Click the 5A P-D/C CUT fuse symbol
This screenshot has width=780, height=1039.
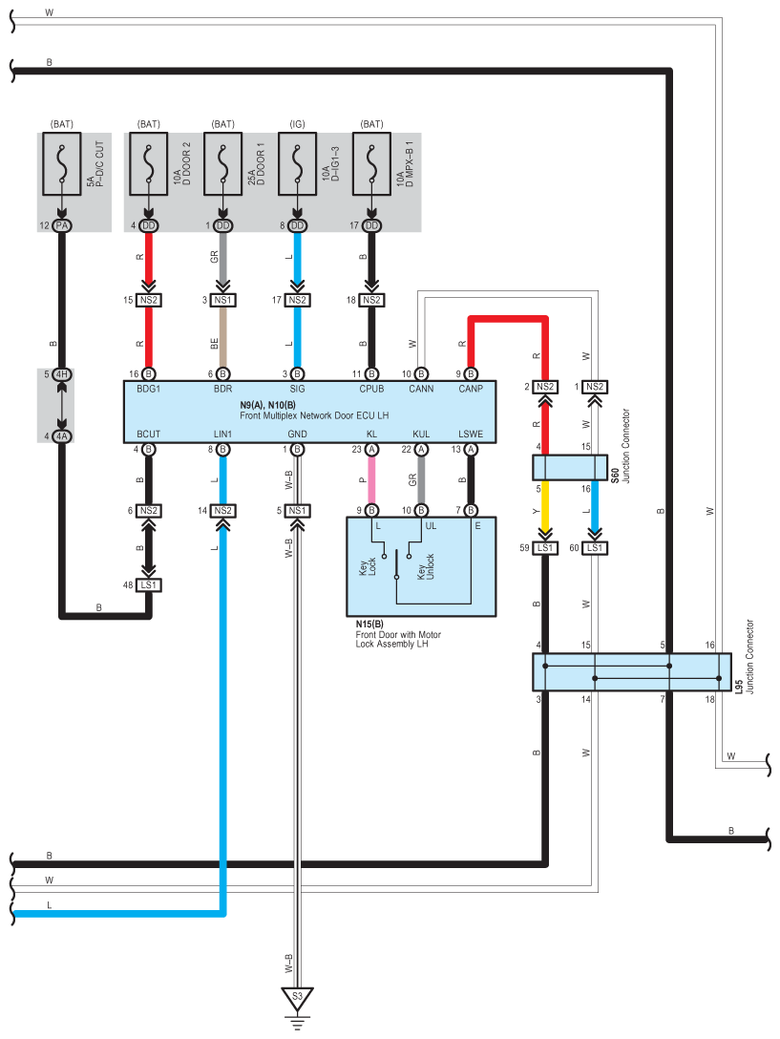[x=62, y=163]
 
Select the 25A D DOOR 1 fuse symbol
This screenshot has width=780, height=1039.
[x=222, y=163]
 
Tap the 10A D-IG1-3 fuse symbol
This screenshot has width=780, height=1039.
[x=297, y=163]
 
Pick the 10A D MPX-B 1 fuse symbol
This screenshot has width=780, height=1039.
[x=371, y=163]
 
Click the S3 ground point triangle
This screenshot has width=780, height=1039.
[x=297, y=998]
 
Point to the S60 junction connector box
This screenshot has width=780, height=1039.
[x=570, y=467]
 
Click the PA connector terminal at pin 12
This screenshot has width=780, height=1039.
[x=62, y=225]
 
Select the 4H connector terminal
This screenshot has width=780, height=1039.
[x=62, y=374]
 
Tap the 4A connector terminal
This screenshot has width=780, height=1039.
[x=62, y=436]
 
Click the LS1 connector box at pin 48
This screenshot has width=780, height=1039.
[x=148, y=585]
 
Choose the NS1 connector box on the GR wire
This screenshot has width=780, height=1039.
[x=222, y=300]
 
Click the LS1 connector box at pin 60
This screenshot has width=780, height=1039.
[x=595, y=548]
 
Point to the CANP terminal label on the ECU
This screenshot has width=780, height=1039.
[x=471, y=389]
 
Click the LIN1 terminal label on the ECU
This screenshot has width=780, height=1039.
[x=222, y=434]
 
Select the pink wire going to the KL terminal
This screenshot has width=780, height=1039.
[x=371, y=480]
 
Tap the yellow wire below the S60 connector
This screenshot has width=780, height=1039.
[x=545, y=507]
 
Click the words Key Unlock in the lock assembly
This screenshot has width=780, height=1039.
[x=426, y=567]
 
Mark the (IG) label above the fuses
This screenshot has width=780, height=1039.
[x=297, y=124]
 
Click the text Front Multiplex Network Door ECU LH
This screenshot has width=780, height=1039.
[x=314, y=415]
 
